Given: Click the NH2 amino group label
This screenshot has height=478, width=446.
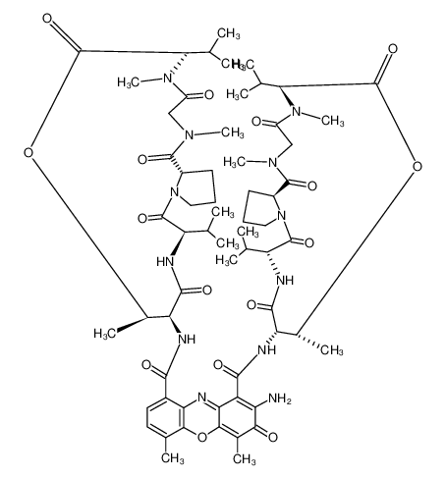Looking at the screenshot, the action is coord(279,398).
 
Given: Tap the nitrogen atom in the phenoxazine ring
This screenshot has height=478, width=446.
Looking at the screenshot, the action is coord(202,398).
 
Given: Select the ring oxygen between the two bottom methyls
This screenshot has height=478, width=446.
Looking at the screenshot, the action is coord(202,437).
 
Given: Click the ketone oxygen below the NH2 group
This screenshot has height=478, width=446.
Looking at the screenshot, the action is coord(272,437).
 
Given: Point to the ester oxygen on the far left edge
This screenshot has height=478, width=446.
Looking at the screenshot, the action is coord(28,152).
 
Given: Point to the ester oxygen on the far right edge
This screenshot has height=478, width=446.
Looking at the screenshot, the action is coord(417,166).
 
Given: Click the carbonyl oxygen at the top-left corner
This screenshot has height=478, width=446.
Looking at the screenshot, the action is coord(47,19).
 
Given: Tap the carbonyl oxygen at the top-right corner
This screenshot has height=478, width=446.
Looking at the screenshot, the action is coord(392,49).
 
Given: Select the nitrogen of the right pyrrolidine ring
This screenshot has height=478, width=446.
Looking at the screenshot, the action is coord(281,216).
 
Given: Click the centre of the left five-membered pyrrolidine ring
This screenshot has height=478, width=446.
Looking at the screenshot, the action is coord(195,186).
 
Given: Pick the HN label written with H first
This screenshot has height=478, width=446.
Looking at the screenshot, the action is coord(165,261).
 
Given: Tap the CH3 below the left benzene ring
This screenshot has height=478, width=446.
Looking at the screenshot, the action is coord(173,458).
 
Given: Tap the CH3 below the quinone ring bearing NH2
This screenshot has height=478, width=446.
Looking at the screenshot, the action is coord(244,458).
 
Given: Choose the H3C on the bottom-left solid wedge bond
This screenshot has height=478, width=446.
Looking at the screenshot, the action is coord(105,333).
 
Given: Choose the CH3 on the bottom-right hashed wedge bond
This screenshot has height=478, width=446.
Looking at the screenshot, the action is coord(332,350).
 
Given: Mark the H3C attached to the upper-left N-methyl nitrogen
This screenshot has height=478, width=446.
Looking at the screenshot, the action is coord(129,81).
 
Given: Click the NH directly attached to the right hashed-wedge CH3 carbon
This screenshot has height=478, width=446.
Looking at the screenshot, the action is coord(267,350).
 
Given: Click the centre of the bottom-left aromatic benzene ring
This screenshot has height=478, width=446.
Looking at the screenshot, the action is coord(167,417).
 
